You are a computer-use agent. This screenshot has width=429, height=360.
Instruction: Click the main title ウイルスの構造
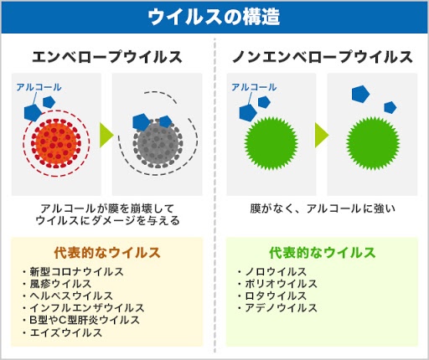pos(214,17)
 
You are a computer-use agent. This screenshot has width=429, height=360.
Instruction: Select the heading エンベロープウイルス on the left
pos(107,57)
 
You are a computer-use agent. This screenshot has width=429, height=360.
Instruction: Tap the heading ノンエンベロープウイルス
pos(323,57)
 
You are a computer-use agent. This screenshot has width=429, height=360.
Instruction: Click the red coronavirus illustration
pos(56,143)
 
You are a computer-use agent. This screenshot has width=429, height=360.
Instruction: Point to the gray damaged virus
pos(158,144)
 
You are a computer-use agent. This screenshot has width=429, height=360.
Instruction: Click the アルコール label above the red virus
pos(39,87)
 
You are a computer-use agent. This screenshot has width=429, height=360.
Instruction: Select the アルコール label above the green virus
pos(254,87)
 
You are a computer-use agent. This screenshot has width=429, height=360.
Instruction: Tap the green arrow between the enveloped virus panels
pos(106,135)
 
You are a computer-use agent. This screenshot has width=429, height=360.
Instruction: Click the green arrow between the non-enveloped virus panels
pos(322,135)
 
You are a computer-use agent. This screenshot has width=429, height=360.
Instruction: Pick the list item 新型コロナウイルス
pos(76,271)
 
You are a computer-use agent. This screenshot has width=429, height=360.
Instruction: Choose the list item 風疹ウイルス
pos(60,284)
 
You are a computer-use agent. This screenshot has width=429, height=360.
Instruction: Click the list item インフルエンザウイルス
pos(87,308)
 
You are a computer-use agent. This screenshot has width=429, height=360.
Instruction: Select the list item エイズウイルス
pos(66,332)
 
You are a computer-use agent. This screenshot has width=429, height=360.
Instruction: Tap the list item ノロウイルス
pos(276,271)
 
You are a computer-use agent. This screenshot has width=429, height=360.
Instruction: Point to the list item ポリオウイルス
pos(281,284)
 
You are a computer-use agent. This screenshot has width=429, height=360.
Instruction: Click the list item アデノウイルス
pos(281,308)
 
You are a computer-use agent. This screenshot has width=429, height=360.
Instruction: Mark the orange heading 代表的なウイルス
pos(107,253)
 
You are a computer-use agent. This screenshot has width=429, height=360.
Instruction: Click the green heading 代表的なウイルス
pos(323,253)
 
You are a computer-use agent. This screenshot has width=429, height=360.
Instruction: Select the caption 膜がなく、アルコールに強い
pos(323,208)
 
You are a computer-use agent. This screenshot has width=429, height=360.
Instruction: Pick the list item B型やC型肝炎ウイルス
pos(85,320)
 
